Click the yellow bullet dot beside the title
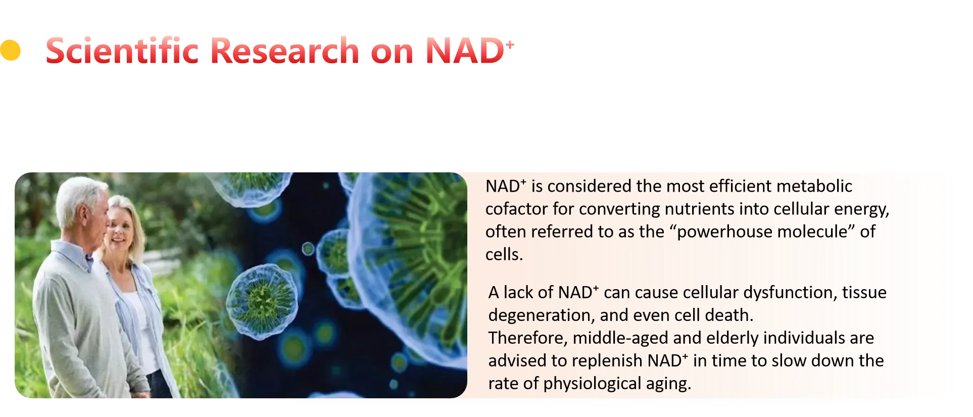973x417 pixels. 10,50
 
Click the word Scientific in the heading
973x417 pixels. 122,51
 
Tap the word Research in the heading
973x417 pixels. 284,51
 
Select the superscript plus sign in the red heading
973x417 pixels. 510,44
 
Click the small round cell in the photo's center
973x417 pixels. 262,301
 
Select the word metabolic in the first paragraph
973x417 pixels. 814,186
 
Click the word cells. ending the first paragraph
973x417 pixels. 504,254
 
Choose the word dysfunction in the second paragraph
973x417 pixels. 788,293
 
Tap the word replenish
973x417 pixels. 608,361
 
